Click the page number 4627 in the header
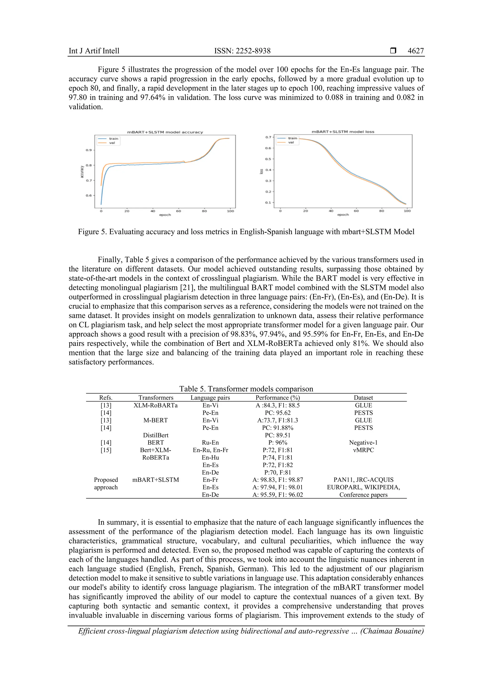coord(415,51)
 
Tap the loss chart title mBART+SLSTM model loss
coord(343,131)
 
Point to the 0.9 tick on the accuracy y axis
coord(89,150)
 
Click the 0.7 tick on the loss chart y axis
coord(268,137)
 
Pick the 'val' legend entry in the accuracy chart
coord(112,143)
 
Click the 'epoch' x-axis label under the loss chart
coord(343,214)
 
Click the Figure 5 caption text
coord(246,232)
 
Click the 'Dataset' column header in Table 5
coord(363,398)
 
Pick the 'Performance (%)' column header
coord(278,398)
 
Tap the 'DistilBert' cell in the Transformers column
coord(155,435)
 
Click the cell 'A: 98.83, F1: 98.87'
coord(278,480)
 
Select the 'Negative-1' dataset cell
coord(363,443)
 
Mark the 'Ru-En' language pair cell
coord(210,443)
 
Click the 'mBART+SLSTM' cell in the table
coord(155,480)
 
